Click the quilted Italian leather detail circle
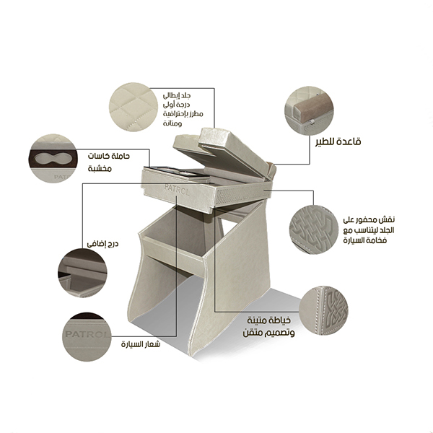(x=134, y=107)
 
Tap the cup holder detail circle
(x=53, y=159)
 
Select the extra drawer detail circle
(x=82, y=273)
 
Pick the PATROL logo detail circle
(x=87, y=336)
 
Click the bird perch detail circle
(x=309, y=110)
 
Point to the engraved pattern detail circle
(x=314, y=229)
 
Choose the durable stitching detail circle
(x=323, y=310)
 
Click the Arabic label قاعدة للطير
(x=338, y=141)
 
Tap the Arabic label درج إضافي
(x=102, y=244)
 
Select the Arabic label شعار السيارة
(x=141, y=344)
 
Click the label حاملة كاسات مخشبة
(x=109, y=162)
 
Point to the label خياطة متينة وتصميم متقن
(x=269, y=327)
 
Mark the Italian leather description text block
(x=183, y=110)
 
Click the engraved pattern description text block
(x=369, y=230)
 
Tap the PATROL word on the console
(x=177, y=190)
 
